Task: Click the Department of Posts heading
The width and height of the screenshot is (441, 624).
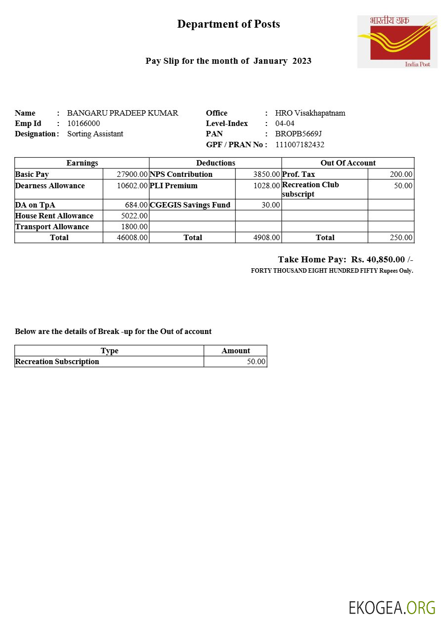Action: [228, 24]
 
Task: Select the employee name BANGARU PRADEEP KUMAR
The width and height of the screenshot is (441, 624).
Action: [123, 113]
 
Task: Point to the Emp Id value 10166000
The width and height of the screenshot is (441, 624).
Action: [84, 124]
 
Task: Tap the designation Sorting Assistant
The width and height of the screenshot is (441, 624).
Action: [95, 134]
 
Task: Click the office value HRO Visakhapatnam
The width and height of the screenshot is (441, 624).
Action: [310, 113]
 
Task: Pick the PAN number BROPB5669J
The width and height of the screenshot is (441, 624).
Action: [299, 134]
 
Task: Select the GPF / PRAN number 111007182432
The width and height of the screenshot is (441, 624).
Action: [300, 145]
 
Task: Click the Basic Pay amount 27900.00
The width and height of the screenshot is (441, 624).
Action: [132, 174]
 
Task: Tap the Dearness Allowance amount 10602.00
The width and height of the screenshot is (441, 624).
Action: [132, 186]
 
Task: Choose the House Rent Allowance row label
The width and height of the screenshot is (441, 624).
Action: [54, 216]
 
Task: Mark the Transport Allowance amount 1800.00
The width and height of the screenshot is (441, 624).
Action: [134, 227]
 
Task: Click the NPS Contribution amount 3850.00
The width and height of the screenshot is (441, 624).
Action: [266, 174]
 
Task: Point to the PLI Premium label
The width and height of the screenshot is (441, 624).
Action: [174, 186]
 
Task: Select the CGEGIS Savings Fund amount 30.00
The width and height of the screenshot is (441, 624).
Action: [270, 205]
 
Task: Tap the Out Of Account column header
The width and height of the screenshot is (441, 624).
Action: [348, 163]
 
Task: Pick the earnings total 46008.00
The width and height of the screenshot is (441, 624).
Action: [132, 238]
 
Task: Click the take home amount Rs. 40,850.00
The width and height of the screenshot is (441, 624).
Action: [378, 259]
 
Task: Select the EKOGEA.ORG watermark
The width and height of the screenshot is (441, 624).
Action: [392, 608]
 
